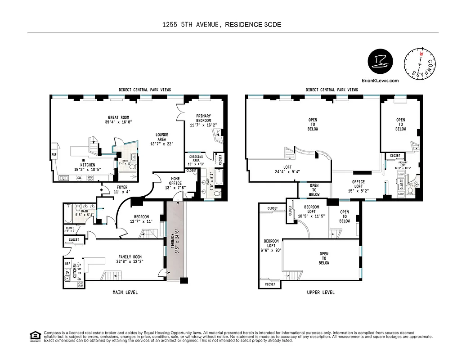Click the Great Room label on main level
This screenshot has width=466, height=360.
tap(118, 120)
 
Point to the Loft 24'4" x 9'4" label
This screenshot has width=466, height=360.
tap(288, 169)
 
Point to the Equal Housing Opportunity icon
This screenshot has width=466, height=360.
tap(34, 336)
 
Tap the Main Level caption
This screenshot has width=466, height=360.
tap(125, 292)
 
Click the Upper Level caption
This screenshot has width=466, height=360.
tap(320, 292)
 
